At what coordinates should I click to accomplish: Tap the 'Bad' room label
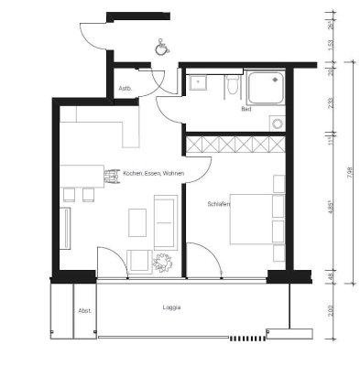[x=245, y=109]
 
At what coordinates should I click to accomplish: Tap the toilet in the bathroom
[x=232, y=87]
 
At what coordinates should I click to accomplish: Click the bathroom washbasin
[x=198, y=83]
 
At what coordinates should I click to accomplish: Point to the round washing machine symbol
[x=274, y=123]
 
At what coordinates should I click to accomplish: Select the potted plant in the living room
[x=163, y=263]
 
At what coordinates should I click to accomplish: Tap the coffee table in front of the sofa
[x=137, y=221]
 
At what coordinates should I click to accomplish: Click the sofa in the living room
[x=166, y=220]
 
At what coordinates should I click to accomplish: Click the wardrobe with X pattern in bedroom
[x=235, y=145]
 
